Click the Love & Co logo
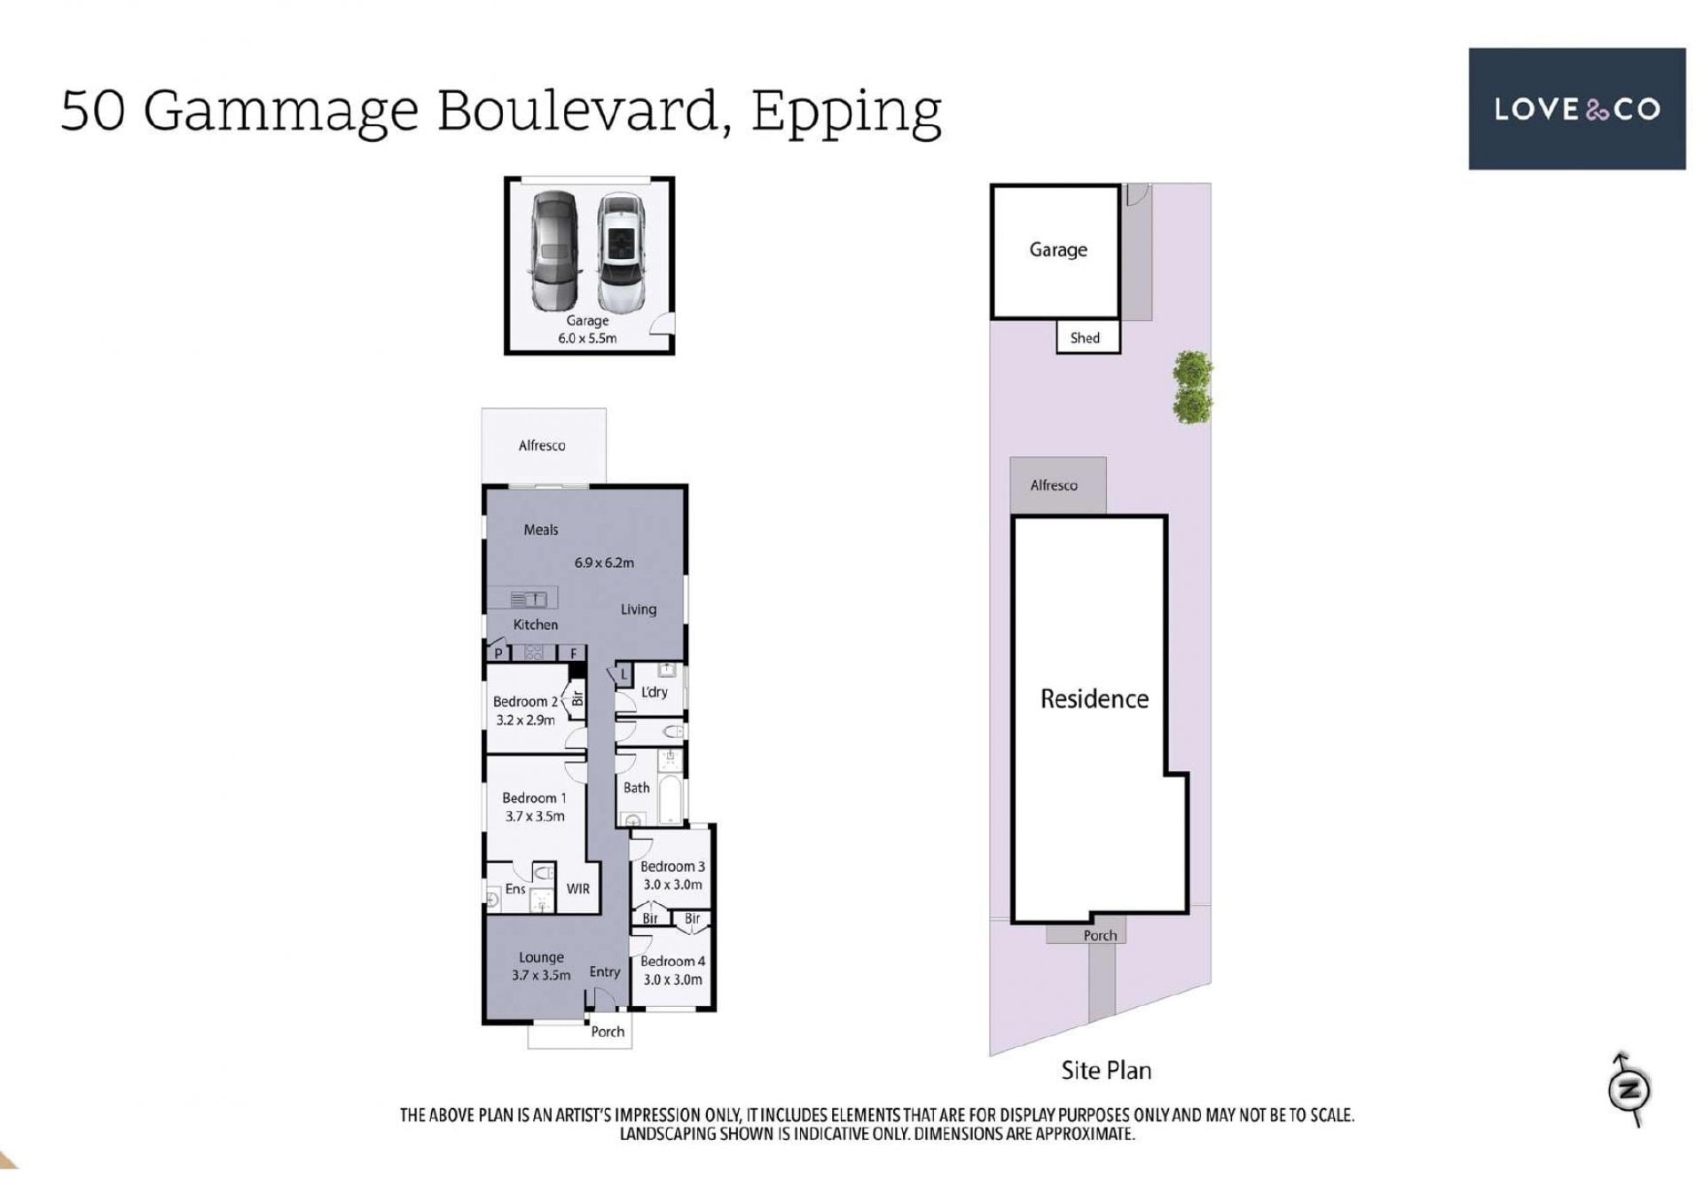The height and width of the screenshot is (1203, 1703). (x=1576, y=108)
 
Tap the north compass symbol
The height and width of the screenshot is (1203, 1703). (x=1628, y=1089)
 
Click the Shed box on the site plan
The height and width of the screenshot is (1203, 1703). (x=1087, y=337)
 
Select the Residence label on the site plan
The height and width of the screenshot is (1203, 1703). (x=1094, y=699)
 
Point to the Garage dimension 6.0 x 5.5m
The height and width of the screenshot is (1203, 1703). (x=587, y=338)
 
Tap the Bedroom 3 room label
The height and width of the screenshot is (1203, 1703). (x=672, y=866)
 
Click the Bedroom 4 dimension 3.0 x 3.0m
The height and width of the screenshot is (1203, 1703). (x=672, y=979)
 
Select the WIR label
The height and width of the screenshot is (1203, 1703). (x=577, y=889)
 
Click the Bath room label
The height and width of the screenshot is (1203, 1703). (x=636, y=788)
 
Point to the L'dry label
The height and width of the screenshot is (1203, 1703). (x=654, y=692)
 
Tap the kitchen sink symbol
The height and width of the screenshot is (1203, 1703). (x=529, y=600)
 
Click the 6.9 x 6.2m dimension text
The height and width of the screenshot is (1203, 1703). (x=604, y=562)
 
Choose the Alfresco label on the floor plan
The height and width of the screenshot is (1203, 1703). (x=542, y=445)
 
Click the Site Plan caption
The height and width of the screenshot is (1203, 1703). (x=1106, y=1071)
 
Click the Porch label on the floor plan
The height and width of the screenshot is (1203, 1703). (x=608, y=1032)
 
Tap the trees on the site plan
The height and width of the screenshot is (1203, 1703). (x=1192, y=387)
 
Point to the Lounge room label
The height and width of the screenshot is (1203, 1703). (x=541, y=958)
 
